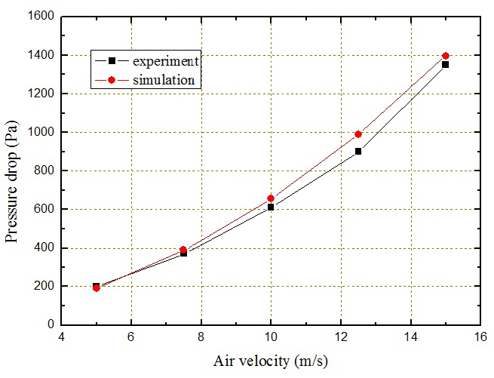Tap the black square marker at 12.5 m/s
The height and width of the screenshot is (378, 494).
click(358, 151)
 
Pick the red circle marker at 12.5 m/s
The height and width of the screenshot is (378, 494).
click(358, 134)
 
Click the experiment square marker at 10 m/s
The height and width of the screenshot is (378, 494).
click(271, 207)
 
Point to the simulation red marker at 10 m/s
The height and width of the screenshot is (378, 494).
click(271, 198)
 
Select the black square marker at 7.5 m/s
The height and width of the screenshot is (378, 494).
click(183, 253)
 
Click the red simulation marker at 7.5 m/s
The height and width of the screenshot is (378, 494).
click(183, 250)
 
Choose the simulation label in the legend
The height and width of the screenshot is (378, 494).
click(161, 78)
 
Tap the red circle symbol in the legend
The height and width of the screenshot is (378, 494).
click(112, 78)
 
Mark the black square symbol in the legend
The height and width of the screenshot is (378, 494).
click(112, 60)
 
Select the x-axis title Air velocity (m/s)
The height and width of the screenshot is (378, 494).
click(271, 361)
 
